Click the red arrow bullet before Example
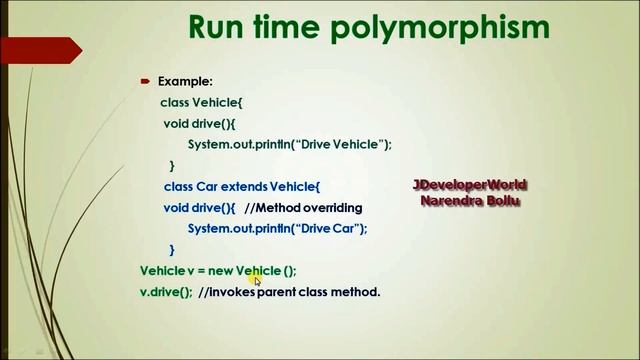(x=145, y=82)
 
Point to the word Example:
(x=185, y=82)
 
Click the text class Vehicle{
(x=201, y=103)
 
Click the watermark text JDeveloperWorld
(x=470, y=186)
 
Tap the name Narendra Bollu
(x=470, y=201)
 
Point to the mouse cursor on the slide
(x=257, y=280)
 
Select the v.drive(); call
(x=166, y=292)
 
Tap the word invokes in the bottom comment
(x=232, y=292)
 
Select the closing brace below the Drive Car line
(x=172, y=250)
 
